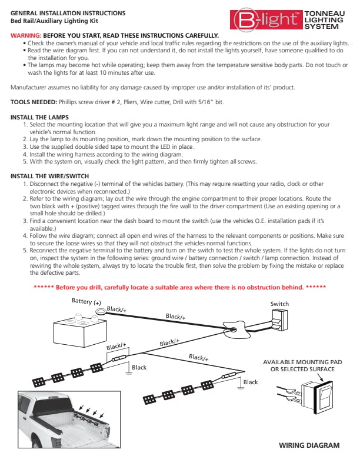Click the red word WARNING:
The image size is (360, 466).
click(x=26, y=36)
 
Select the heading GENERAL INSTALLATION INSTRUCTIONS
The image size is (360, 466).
click(x=68, y=13)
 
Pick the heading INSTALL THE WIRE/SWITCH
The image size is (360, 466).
click(x=50, y=176)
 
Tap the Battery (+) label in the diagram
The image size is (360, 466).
click(x=86, y=302)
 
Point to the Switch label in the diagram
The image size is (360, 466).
click(x=279, y=304)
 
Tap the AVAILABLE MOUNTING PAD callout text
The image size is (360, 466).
click(x=302, y=365)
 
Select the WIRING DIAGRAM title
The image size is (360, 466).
click(x=309, y=445)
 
